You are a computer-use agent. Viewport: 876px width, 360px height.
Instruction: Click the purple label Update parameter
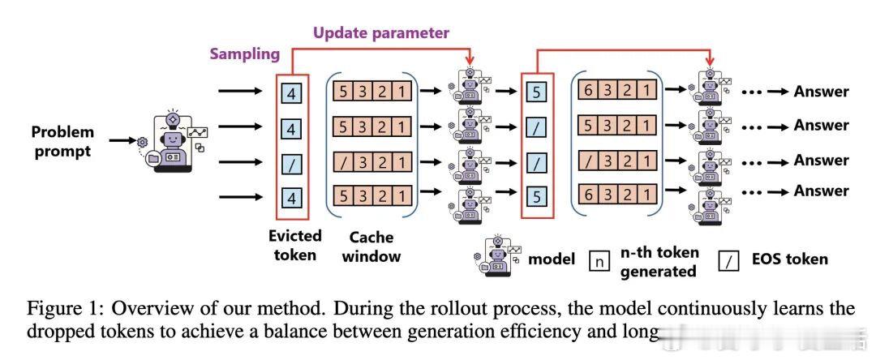(381, 33)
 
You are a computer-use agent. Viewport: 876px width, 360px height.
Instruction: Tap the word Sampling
(245, 55)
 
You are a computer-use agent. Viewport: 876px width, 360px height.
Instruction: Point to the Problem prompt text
(63, 140)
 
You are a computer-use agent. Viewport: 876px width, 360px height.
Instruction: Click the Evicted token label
(294, 246)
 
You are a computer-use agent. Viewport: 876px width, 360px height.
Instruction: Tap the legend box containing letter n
(599, 261)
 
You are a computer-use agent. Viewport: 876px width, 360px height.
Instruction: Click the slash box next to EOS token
(729, 260)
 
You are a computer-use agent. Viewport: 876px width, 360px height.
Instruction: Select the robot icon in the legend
(496, 258)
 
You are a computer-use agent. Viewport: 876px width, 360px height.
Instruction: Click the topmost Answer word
(821, 92)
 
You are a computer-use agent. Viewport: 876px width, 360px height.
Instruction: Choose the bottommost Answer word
(821, 191)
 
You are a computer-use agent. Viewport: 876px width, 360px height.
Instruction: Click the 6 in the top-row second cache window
(590, 92)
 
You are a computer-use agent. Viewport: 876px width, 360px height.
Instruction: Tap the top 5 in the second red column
(535, 92)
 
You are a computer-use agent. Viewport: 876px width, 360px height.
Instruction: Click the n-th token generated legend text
(658, 261)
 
